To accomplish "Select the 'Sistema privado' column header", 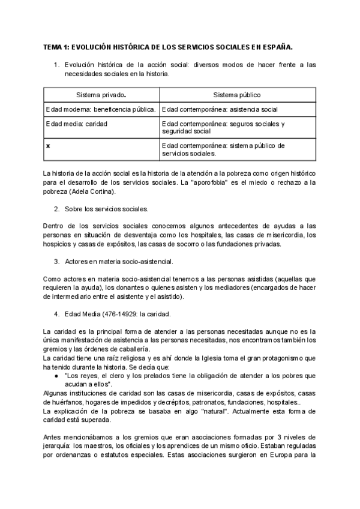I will tap(101, 95).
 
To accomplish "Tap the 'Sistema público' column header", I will tap(236, 95).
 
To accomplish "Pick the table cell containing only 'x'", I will tap(48, 146).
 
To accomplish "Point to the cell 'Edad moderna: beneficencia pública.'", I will tap(101, 110).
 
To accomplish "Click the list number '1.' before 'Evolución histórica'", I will tap(56, 64).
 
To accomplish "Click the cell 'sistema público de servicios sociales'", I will tap(223, 149).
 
